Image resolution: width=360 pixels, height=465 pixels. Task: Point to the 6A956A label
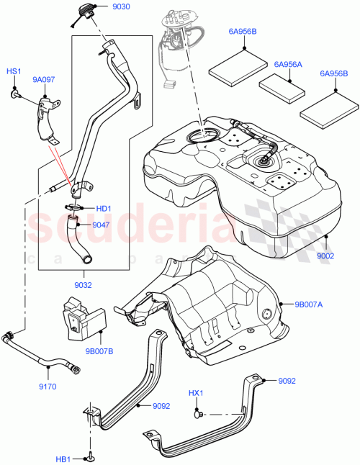click(288, 64)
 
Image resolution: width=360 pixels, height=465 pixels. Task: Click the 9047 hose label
click(102, 225)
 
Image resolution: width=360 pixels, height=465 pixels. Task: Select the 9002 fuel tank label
click(326, 255)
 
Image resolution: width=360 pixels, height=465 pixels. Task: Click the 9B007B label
click(99, 352)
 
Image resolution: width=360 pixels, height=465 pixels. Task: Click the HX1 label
click(197, 394)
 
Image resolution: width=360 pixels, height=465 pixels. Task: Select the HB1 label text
click(64, 459)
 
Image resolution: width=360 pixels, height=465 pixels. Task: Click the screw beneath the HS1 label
click(15, 94)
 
